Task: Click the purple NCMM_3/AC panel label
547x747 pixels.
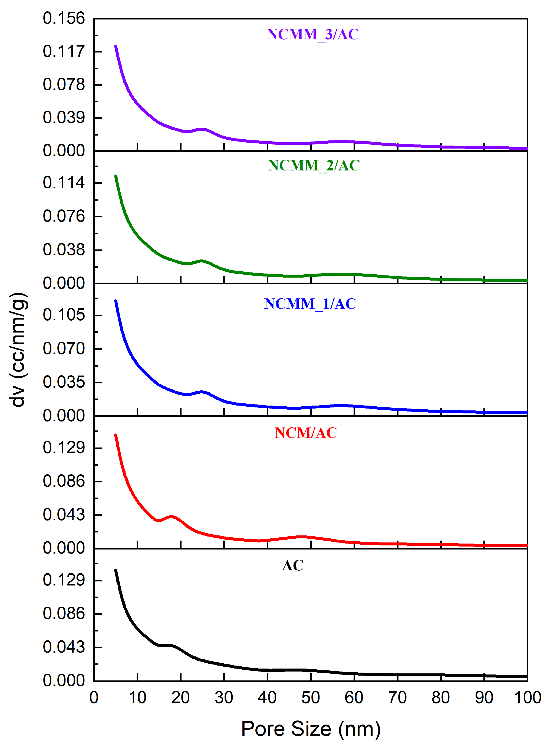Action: [313, 34]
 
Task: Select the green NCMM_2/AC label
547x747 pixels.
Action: [314, 166]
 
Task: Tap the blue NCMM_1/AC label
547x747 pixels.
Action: [310, 304]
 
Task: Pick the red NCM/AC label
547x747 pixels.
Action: [306, 433]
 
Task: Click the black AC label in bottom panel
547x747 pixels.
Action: [293, 565]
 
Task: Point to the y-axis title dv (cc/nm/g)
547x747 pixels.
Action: [18, 350]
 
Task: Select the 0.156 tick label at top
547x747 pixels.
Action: [64, 19]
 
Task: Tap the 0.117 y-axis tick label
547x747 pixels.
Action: [64, 52]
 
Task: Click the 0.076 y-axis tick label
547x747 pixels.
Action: [64, 216]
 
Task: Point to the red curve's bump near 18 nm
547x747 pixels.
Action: [172, 516]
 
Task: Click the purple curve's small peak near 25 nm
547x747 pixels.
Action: [202, 129]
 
